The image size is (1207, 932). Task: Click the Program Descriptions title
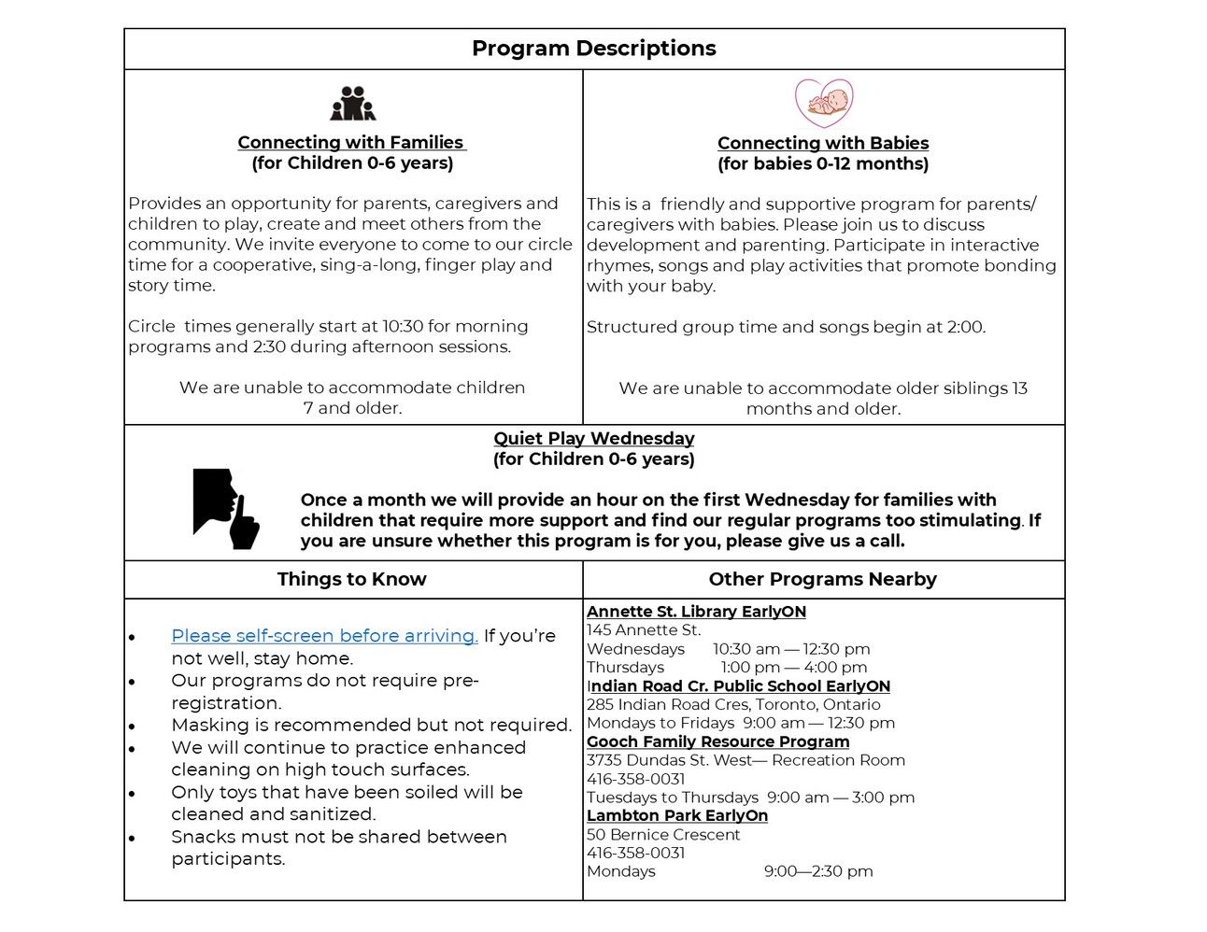click(x=593, y=49)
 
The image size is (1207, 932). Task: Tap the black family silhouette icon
click(x=352, y=104)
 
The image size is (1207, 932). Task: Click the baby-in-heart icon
click(x=823, y=103)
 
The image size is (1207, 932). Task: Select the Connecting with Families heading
click(x=351, y=142)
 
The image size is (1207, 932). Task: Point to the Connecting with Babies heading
click(x=823, y=143)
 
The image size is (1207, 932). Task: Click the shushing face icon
click(x=225, y=508)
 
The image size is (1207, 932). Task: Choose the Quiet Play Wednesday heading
click(x=593, y=438)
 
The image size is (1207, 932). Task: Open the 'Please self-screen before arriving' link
click(x=324, y=635)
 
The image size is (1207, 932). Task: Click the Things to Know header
click(x=351, y=579)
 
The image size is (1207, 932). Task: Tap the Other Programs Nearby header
click(x=822, y=579)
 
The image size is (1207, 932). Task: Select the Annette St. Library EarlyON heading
click(x=696, y=612)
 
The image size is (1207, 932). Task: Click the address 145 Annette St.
click(x=644, y=630)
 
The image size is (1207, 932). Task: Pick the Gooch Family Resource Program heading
click(x=717, y=741)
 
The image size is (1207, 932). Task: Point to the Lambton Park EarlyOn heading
click(x=677, y=815)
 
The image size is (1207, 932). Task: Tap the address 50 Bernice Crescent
click(x=662, y=834)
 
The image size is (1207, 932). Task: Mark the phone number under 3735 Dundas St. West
click(x=635, y=779)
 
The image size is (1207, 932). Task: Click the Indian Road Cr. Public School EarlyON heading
click(x=738, y=685)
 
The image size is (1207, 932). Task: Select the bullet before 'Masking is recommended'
click(x=133, y=727)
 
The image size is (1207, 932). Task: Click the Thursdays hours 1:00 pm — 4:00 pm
click(x=793, y=667)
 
